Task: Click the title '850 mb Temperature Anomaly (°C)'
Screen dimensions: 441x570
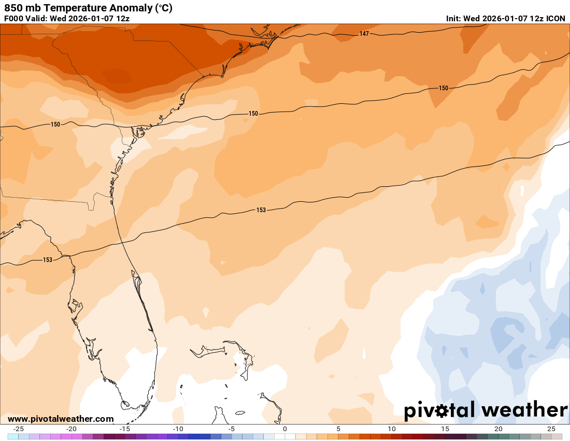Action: click(x=89, y=8)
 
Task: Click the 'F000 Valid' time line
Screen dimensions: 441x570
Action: click(x=67, y=18)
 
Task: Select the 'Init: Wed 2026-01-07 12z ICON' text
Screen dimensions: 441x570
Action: click(x=506, y=18)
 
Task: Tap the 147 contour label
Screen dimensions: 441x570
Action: click(x=364, y=34)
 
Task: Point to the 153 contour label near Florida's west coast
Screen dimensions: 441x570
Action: click(x=48, y=260)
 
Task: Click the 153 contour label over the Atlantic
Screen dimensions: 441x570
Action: click(x=261, y=210)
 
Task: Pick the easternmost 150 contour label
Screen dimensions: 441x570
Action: click(x=444, y=88)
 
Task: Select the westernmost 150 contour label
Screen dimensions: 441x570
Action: click(x=55, y=125)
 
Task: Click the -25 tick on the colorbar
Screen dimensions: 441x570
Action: click(x=18, y=429)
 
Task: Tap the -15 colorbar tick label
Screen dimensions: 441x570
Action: click(x=124, y=429)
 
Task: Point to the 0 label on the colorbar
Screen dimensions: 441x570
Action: click(x=285, y=429)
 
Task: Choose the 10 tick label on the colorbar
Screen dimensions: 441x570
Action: click(x=392, y=429)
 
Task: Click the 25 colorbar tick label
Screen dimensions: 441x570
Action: click(x=551, y=429)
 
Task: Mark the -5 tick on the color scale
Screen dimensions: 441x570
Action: click(x=231, y=429)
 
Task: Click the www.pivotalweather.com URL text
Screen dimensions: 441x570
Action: click(x=61, y=419)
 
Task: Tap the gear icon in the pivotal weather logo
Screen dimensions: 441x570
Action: click(x=441, y=411)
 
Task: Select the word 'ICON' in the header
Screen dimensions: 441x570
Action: click(x=556, y=18)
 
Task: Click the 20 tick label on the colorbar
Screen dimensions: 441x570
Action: click(x=498, y=429)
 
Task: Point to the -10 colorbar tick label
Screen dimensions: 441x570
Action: click(x=178, y=429)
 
